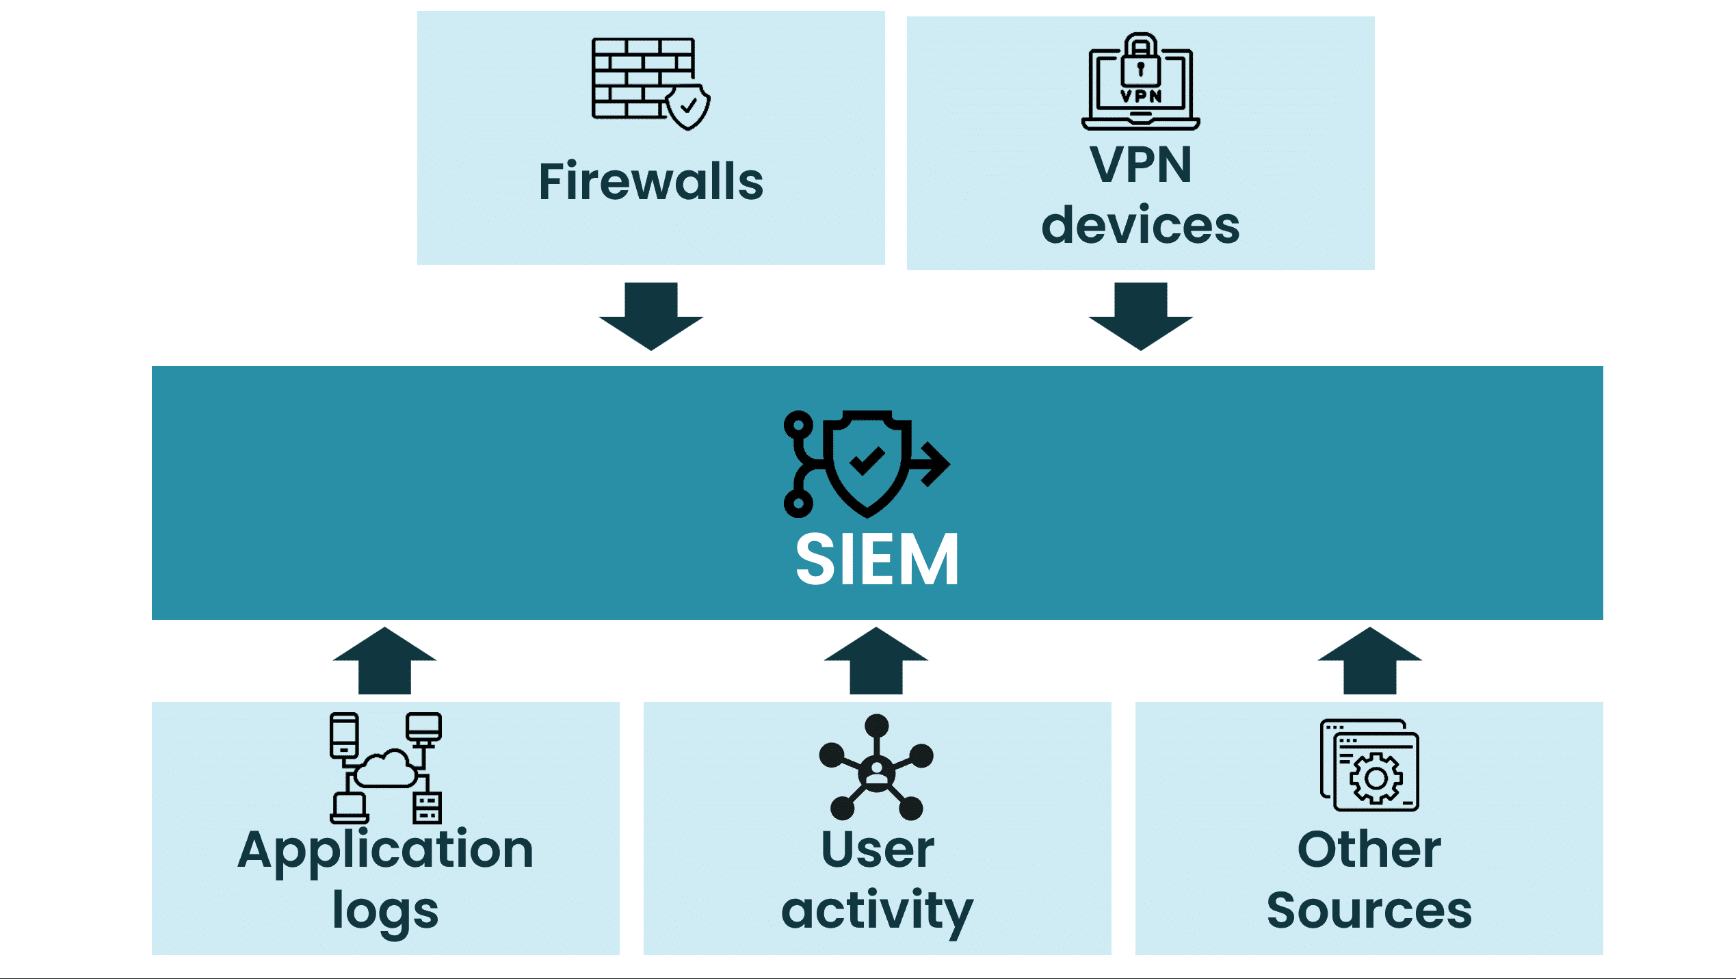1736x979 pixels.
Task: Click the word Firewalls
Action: point(650,182)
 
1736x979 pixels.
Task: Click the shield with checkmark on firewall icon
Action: point(688,107)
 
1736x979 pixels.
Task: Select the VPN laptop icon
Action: point(1140,82)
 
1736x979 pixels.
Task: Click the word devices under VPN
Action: point(1140,225)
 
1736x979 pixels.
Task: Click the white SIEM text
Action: point(877,560)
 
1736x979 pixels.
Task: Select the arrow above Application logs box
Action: point(384,660)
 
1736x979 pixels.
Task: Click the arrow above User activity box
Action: point(876,660)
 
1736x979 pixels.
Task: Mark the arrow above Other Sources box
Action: point(1369,660)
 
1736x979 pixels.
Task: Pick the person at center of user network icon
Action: point(876,772)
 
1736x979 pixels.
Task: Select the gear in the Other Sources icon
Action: point(1376,778)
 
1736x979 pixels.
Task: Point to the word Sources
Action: point(1369,911)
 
